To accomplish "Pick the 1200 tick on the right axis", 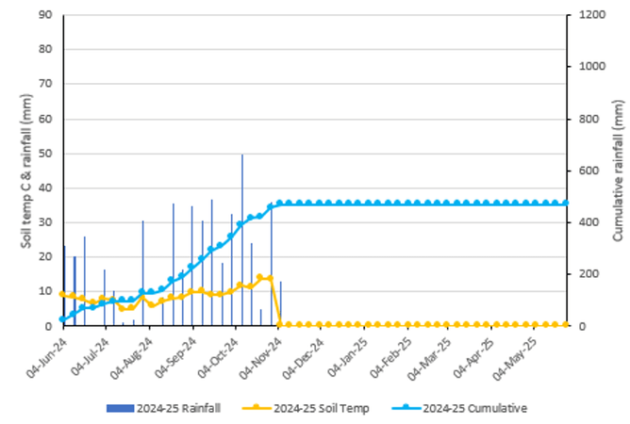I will pos(589,16).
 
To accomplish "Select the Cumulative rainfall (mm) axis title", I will pos(618,170).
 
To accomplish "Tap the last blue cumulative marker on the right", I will pos(566,203).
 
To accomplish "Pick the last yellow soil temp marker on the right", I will pos(566,324).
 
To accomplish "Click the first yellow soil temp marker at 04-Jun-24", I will pos(63,294).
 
